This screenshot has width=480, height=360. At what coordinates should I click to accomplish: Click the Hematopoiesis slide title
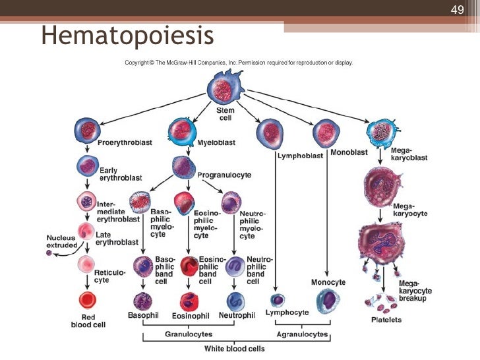128,36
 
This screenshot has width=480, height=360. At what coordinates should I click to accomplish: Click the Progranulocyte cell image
184,167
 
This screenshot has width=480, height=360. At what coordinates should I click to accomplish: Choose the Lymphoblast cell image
271,133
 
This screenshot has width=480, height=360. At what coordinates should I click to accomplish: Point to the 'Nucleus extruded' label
61,241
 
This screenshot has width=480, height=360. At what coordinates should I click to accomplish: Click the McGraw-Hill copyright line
239,63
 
